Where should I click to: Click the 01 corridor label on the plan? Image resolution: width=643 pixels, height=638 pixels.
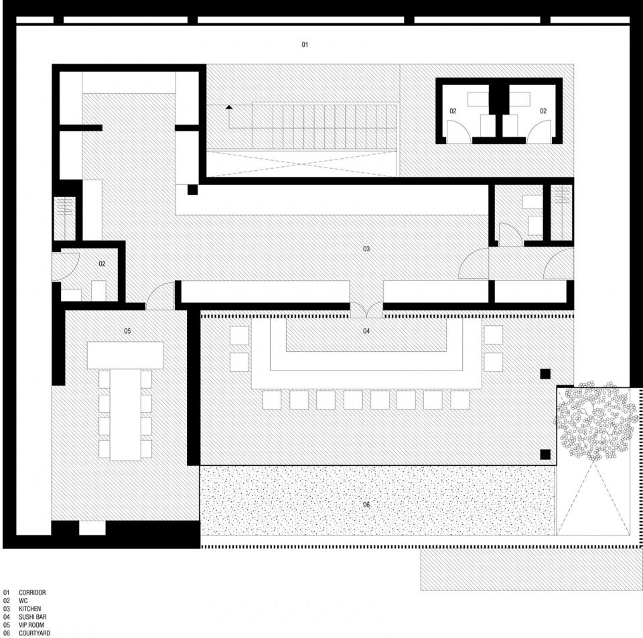coord(305,44)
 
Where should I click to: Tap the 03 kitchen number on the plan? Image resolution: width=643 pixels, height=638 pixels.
coord(366,249)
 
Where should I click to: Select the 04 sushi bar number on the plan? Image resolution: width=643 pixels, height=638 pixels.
coord(366,330)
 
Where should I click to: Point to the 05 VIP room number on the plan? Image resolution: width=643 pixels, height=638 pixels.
coord(127,330)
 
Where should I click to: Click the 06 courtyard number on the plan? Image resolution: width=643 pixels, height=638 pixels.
coord(366,505)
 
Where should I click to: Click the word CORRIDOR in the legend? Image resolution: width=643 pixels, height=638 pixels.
coord(32,592)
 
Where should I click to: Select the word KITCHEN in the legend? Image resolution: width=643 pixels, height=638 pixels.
coord(30,609)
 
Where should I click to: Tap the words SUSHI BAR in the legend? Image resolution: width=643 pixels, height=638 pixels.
coord(32,617)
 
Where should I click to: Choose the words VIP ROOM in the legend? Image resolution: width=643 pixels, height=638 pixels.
coord(31,625)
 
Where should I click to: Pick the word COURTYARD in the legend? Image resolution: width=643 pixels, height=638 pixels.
coord(34,633)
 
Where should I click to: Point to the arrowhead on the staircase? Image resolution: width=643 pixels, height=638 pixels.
coord(229,107)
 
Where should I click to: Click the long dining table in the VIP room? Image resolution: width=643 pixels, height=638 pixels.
coord(125,415)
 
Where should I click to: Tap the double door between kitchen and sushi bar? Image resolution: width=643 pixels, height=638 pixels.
coord(366,310)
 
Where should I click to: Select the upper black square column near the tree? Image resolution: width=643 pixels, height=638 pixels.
coord(545,374)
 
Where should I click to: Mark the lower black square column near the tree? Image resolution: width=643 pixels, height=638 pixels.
coord(545,454)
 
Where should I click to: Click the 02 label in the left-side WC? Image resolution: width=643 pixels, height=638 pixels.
coord(102,264)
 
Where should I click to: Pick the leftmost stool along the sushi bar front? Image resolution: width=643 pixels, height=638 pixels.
coord(271,399)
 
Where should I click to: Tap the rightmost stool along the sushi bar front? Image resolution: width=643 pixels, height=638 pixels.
coord(459,399)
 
